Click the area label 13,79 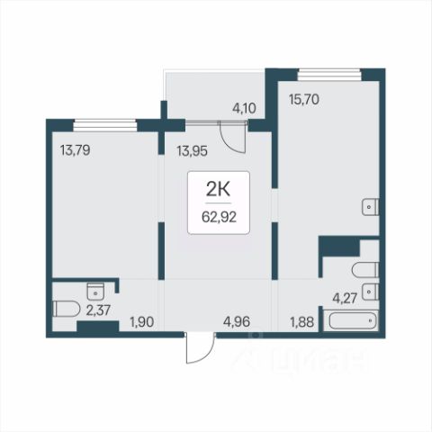75,150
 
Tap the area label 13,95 192,151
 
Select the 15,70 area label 304,99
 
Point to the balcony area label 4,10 244,108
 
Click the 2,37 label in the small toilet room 98,310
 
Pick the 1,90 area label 142,322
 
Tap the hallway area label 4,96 237,322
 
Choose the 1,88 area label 302,322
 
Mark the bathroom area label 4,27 345,299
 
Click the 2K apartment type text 218,189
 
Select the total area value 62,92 219,217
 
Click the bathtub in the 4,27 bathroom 353,320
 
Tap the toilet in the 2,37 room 67,309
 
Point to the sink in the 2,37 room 95,291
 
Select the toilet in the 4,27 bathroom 365,270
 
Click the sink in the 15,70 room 371,207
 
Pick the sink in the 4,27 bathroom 371,292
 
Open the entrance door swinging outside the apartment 200,347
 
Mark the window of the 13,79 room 105,125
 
